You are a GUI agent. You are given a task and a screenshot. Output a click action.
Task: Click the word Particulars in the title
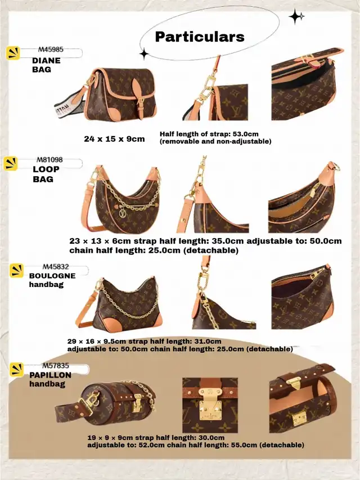[200, 37]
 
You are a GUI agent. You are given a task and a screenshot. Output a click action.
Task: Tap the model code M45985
[51, 49]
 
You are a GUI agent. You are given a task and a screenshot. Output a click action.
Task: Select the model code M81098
[49, 159]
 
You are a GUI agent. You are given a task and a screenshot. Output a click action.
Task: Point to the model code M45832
[56, 267]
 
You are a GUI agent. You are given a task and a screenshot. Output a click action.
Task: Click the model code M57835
[56, 366]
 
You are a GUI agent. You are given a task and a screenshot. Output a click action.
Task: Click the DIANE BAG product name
[46, 65]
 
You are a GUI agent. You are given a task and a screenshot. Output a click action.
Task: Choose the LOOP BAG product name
[46, 174]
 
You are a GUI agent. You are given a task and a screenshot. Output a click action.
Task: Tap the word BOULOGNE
[52, 276]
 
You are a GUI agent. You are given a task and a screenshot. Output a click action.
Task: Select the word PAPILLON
[50, 375]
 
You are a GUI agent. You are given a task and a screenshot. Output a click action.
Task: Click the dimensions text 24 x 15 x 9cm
[114, 139]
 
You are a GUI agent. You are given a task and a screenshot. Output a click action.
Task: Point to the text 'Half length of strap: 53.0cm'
[209, 134]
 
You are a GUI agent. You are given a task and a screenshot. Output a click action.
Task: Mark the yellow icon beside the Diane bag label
[13, 53]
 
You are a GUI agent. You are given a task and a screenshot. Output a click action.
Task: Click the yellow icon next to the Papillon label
[16, 370]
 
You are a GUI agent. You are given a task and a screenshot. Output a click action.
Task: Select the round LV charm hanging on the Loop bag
[122, 213]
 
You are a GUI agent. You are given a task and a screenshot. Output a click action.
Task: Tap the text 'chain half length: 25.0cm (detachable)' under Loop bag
[154, 250]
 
